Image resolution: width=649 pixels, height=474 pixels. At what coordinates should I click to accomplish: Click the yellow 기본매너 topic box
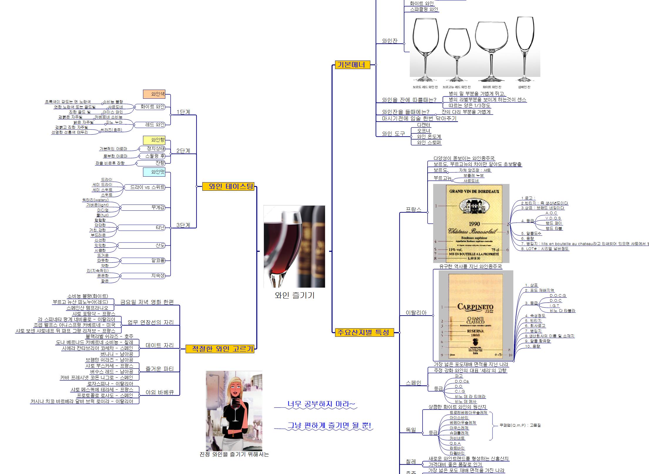(352, 65)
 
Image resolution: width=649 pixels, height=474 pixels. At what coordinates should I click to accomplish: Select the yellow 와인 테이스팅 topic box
(228, 186)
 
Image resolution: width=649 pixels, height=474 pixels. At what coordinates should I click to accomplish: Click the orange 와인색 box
(154, 94)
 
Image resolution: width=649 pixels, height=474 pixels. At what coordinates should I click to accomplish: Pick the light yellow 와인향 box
(154, 140)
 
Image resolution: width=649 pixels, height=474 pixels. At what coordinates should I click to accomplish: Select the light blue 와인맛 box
(154, 172)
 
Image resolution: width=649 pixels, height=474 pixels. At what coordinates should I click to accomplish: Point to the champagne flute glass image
(524, 47)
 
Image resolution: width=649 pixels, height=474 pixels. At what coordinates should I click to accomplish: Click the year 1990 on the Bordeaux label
(474, 224)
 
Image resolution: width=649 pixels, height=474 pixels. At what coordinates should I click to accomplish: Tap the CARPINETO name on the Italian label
(475, 307)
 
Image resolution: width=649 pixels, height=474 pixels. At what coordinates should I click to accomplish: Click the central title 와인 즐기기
(295, 295)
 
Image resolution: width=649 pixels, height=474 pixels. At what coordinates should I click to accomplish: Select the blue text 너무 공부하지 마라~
(321, 404)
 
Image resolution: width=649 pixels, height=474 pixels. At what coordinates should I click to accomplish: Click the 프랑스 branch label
(413, 209)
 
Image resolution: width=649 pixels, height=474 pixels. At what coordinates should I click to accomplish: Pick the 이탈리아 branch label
(416, 313)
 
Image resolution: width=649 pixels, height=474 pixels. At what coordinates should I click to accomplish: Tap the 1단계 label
(183, 112)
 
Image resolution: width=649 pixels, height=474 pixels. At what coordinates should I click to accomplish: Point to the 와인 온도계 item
(429, 137)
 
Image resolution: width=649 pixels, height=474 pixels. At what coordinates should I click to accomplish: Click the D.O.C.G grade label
(558, 296)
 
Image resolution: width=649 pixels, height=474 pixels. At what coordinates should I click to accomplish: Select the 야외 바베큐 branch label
(160, 392)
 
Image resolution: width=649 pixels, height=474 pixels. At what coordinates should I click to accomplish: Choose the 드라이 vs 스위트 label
(147, 187)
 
